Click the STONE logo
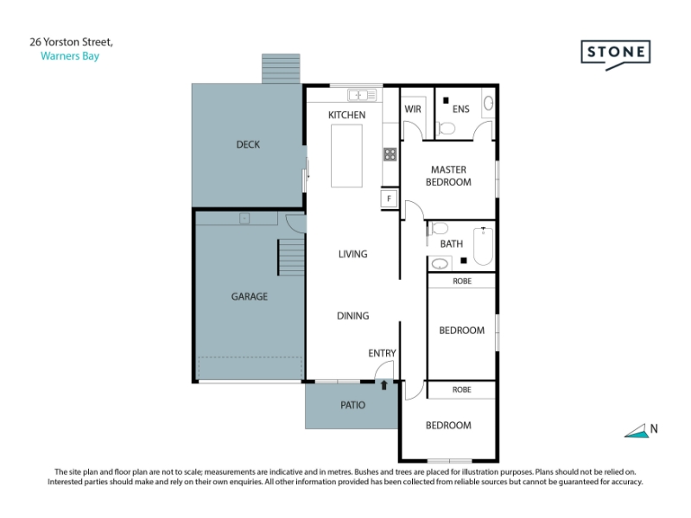tap(616, 54)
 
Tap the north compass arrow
tap(637, 432)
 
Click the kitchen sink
tap(362, 95)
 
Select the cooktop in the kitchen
tap(390, 155)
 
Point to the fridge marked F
tap(390, 199)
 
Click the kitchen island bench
tap(347, 156)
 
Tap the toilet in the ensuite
tap(446, 129)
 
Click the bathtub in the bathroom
tap(484, 246)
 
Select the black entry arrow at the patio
tap(384, 385)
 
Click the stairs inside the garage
tap(291, 257)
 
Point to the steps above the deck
tap(281, 69)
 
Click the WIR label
tap(413, 110)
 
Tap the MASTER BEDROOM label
tap(448, 176)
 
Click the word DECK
tap(248, 144)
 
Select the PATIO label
tap(353, 405)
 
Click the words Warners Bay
tap(70, 56)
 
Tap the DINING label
tap(353, 316)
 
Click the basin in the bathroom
tap(440, 264)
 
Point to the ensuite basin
tap(488, 104)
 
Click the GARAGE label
tap(250, 296)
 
